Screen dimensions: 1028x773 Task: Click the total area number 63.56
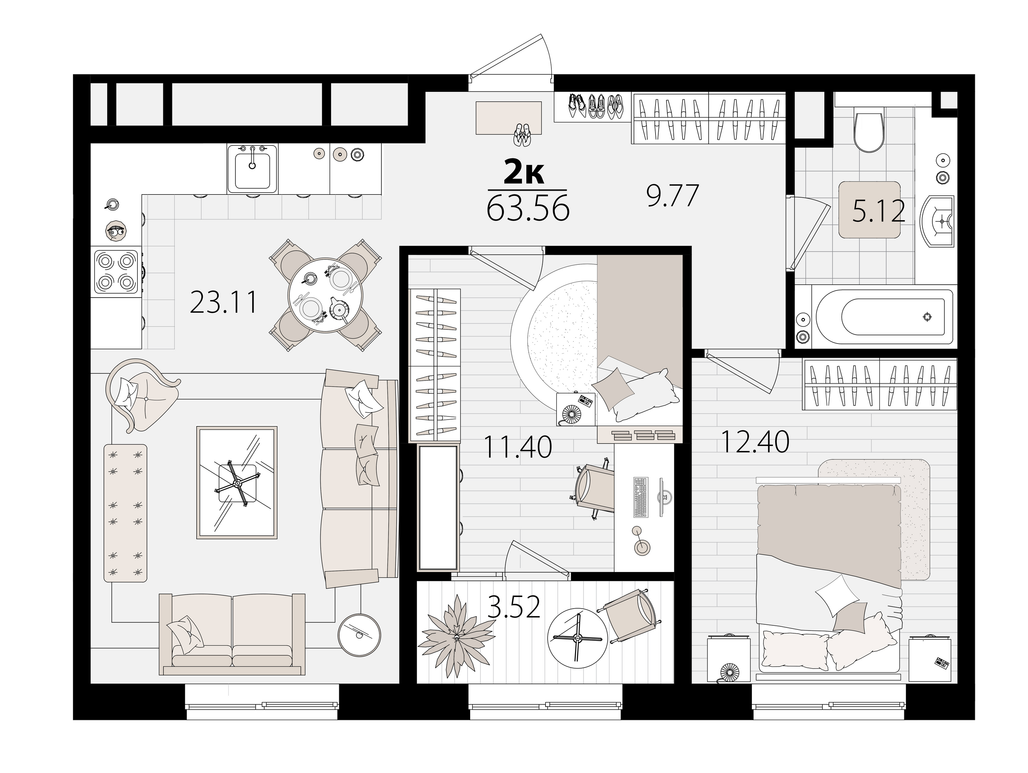528,209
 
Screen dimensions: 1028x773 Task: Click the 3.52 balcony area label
514,607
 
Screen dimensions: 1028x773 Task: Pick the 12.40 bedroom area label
755,441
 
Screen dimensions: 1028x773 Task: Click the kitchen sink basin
252,170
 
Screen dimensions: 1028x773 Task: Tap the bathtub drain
927,317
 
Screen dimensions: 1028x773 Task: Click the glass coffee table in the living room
237,483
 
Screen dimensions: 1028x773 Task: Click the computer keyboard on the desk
640,497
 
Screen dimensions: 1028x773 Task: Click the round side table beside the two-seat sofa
359,635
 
